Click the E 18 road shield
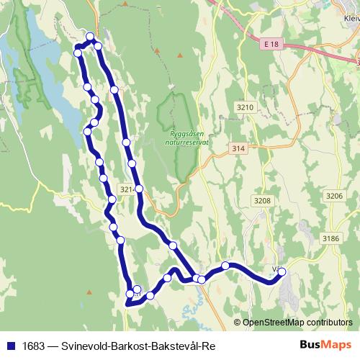268,44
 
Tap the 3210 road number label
245,107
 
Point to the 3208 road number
263,201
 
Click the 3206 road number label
334,195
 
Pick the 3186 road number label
330,238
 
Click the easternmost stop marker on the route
282,271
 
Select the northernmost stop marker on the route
90,37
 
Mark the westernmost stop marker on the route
77,53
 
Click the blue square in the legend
9,344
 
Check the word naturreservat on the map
189,142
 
